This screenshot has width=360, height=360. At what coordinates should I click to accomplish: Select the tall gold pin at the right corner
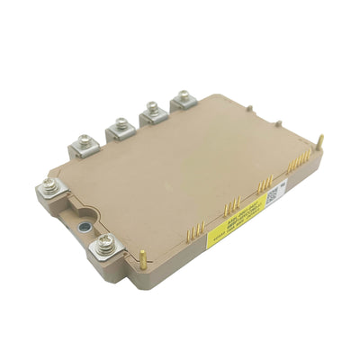[320, 142]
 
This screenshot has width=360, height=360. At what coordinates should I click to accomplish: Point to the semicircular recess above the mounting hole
[84, 202]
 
